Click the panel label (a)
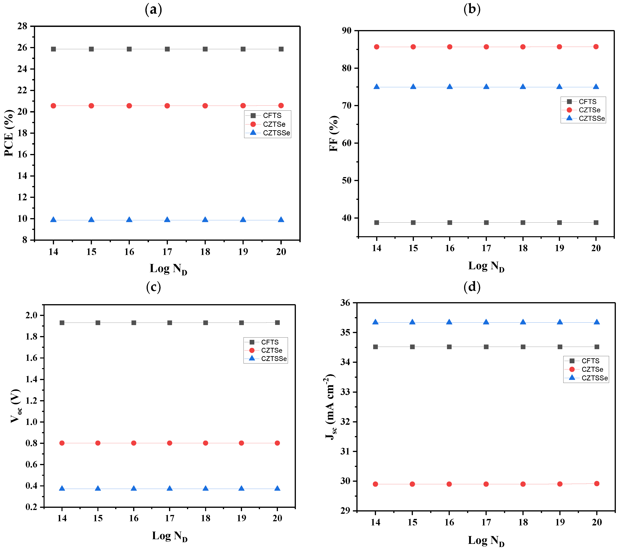tap(153, 10)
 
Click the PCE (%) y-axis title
tap(9, 133)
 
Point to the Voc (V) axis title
tap(16, 406)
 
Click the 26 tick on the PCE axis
tap(22, 48)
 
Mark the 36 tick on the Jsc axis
tap(345, 303)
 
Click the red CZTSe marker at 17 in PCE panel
tap(167, 106)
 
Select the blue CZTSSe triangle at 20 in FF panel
tap(596, 87)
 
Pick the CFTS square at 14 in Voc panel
tap(62, 323)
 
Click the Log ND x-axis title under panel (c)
tap(170, 536)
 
